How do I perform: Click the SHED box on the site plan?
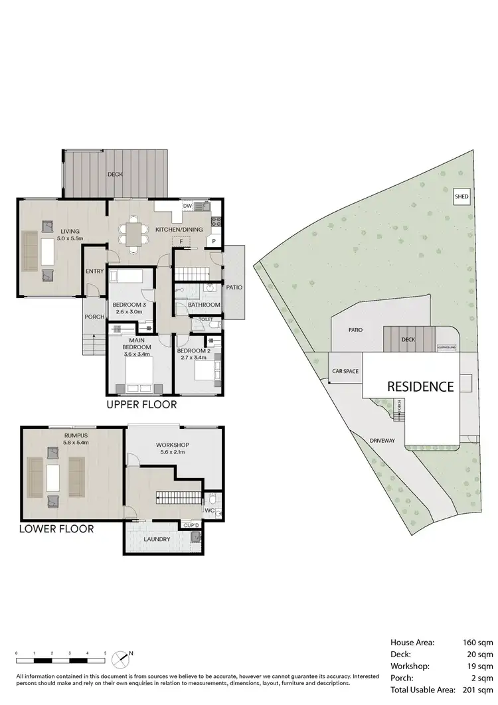point(461,197)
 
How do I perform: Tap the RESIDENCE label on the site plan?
point(420,386)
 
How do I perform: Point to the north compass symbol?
point(122,659)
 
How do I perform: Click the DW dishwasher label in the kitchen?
point(187,206)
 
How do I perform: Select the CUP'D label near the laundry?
point(191,524)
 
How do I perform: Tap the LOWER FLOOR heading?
point(56,529)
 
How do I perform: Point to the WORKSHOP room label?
point(173,444)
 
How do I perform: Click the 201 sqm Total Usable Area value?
point(477,690)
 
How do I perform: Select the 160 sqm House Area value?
point(477,642)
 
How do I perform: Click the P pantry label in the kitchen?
point(214,241)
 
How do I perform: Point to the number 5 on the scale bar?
point(105,653)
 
